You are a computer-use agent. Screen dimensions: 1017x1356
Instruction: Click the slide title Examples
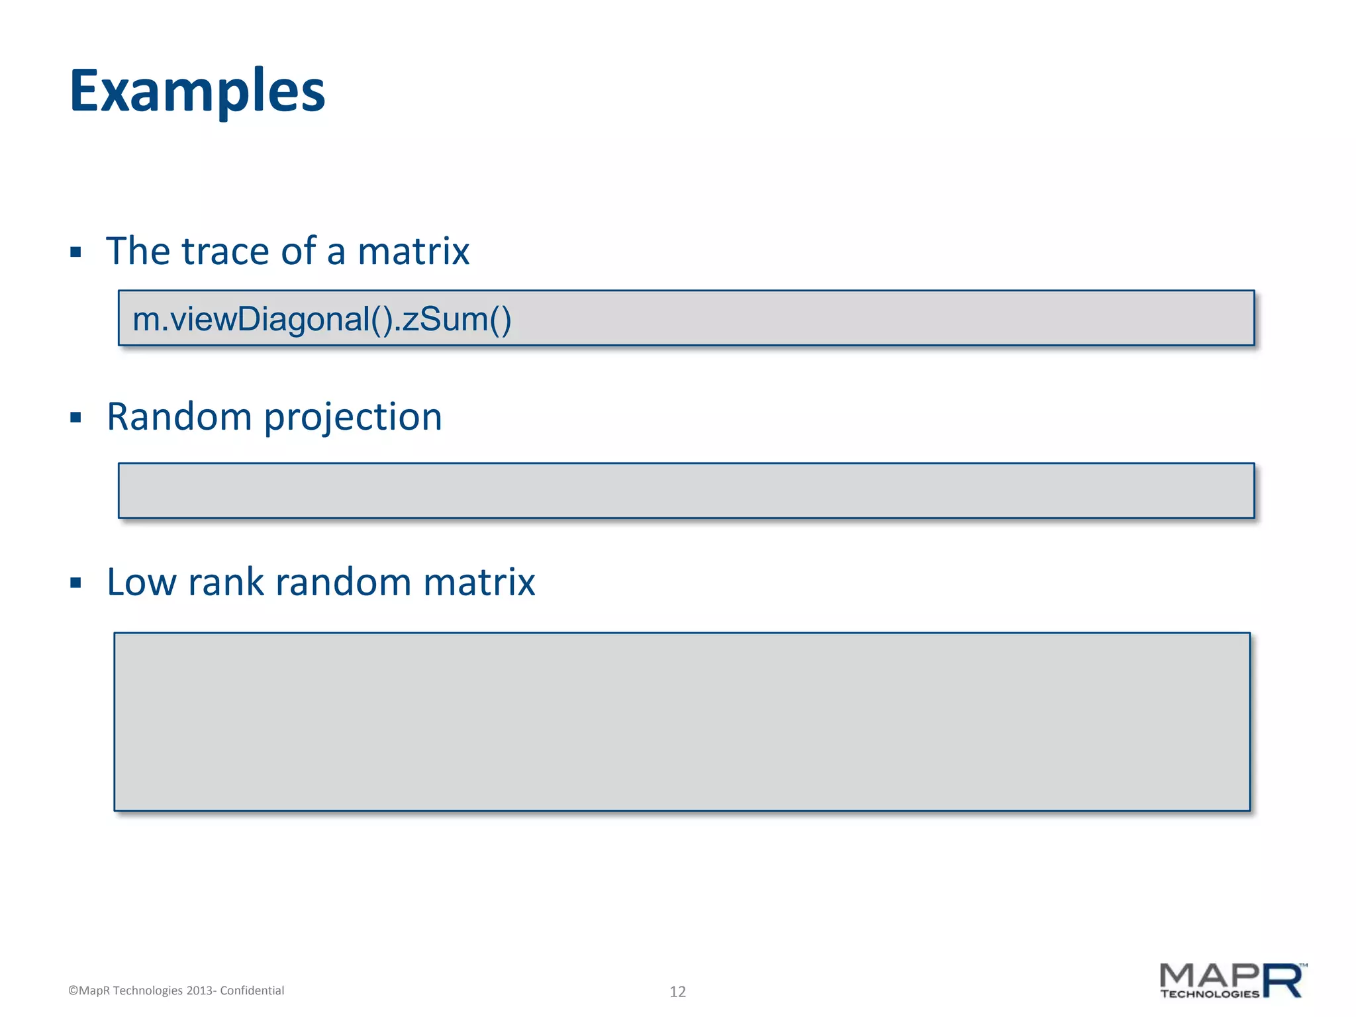pos(197,91)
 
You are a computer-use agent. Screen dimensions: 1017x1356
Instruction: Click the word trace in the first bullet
pos(225,252)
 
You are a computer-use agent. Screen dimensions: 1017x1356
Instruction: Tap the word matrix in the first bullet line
pos(413,252)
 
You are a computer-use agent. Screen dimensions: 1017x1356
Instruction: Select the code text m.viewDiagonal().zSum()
pos(322,319)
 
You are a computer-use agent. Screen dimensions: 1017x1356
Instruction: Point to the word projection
pos(353,418)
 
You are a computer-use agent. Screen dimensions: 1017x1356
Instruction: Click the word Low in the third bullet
pos(142,583)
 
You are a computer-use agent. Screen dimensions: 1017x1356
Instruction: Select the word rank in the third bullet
pos(226,583)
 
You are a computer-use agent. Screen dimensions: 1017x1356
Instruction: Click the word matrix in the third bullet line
pos(479,583)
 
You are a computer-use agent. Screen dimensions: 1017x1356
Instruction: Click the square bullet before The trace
pos(75,252)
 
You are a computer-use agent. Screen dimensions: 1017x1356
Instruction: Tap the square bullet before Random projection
pos(75,418)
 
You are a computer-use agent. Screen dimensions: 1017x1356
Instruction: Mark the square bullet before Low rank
pos(75,583)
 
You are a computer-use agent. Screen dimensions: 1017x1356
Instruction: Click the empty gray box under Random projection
pos(686,491)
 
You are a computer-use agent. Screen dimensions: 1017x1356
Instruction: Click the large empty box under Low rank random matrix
pos(682,722)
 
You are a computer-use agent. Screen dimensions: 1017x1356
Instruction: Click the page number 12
pos(677,991)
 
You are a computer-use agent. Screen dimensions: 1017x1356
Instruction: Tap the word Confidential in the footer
pos(252,991)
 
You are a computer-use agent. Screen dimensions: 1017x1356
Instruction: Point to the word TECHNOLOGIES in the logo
pos(1209,994)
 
